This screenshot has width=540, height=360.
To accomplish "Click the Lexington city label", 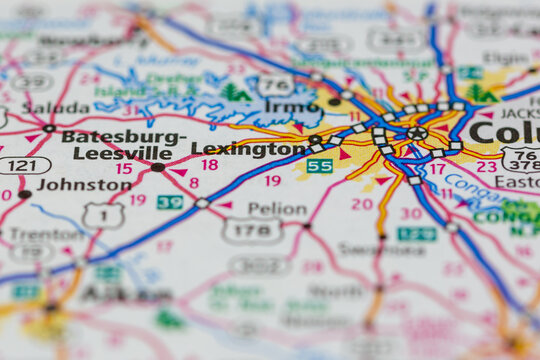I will click(x=248, y=149).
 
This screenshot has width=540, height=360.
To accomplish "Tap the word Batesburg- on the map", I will click(x=123, y=137).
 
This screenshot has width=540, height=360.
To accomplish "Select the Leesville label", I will click(x=122, y=153).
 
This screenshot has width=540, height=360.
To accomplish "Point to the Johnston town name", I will click(x=84, y=185).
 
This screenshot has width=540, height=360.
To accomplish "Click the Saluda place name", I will click(x=56, y=108).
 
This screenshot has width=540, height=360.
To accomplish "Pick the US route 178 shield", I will click(x=251, y=231).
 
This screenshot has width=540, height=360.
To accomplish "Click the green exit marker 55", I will click(x=319, y=166).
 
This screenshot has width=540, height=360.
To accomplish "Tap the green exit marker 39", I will click(x=170, y=202).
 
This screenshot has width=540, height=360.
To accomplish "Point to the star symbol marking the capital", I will click(x=417, y=132).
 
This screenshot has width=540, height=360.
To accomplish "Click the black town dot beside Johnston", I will click(x=24, y=194).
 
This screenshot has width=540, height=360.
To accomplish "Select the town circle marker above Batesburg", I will click(x=49, y=128).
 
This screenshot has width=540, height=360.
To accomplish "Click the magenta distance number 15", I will click(x=123, y=169).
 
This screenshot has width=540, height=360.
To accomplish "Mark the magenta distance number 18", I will click(x=209, y=165).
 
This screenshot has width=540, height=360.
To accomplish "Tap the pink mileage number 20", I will click(x=362, y=204).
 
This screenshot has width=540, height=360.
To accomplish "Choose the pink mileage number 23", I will click(x=486, y=167).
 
